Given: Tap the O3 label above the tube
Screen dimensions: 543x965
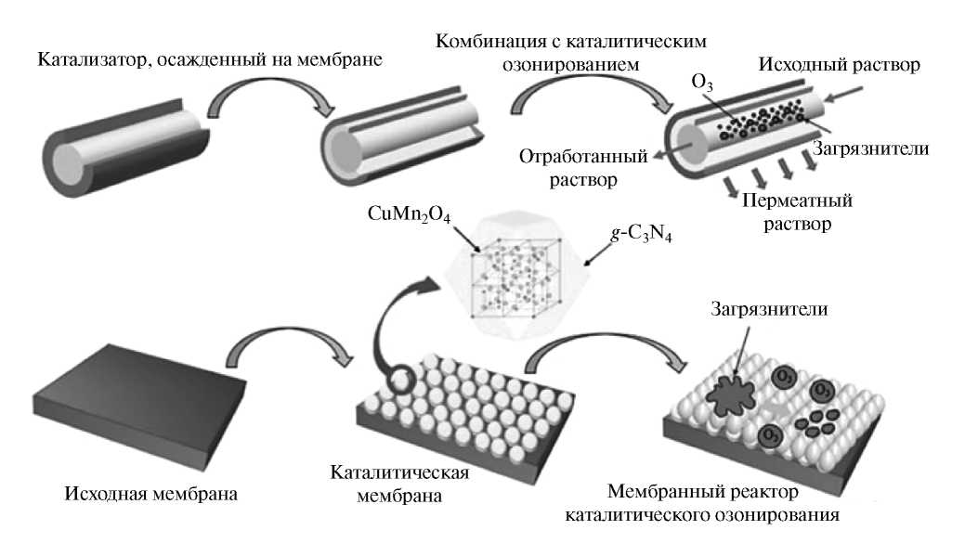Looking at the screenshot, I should coord(702,85).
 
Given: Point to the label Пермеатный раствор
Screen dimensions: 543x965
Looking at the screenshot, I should coord(795,212).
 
